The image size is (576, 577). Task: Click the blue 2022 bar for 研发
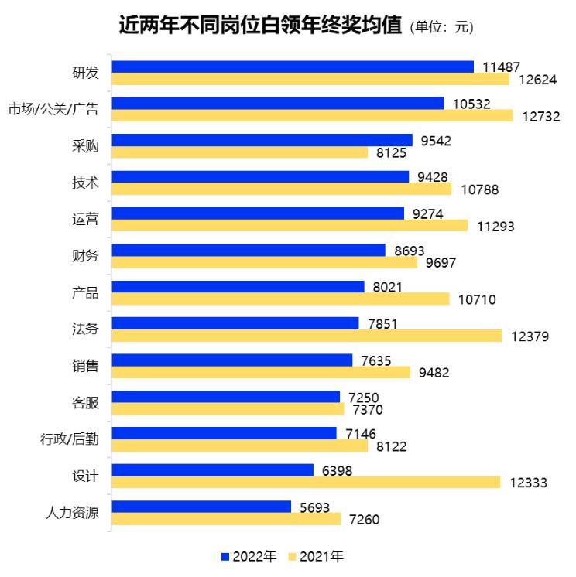click(293, 67)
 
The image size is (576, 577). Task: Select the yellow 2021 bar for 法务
click(307, 336)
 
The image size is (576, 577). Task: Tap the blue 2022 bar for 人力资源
click(201, 507)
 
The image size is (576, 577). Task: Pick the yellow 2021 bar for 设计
click(306, 483)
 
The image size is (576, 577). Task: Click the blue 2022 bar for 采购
click(262, 140)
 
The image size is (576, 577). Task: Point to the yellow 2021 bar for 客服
click(228, 409)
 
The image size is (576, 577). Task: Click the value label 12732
click(540, 116)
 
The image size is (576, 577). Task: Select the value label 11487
click(501, 67)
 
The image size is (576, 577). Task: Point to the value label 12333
click(529, 483)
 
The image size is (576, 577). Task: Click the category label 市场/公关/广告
click(53, 109)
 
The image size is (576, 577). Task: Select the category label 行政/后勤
click(70, 439)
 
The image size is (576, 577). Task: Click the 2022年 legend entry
click(249, 556)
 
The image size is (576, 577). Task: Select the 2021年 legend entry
click(315, 556)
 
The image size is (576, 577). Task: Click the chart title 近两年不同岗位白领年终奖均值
click(260, 26)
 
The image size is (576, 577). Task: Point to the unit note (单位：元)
click(441, 27)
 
